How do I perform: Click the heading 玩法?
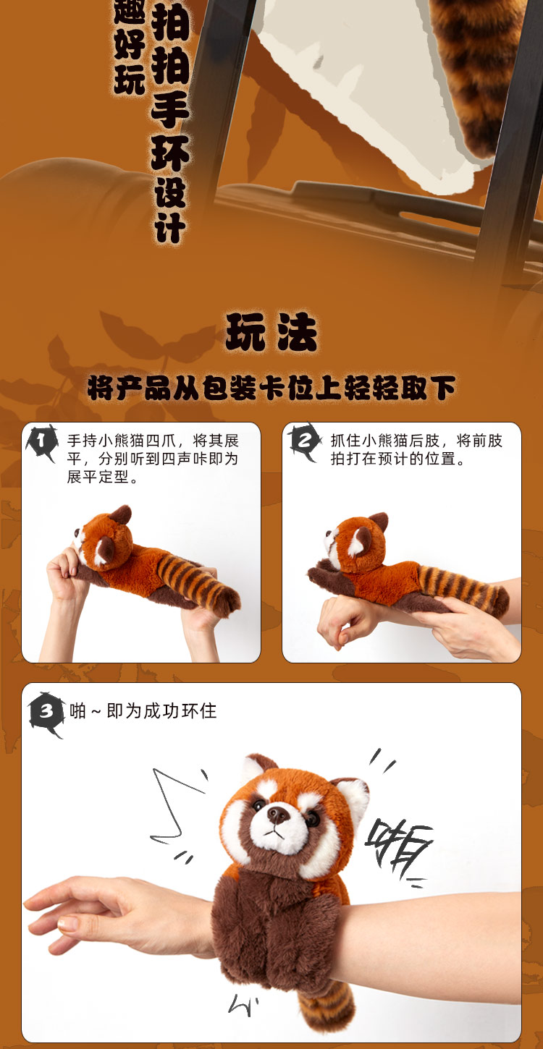click(x=271, y=332)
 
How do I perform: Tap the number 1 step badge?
click(x=42, y=441)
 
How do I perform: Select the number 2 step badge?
click(x=305, y=441)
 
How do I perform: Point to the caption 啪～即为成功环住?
click(x=143, y=711)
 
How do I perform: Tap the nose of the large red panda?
click(x=278, y=815)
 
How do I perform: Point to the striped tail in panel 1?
click(x=198, y=584)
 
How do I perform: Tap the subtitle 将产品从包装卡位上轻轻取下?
click(x=271, y=388)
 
